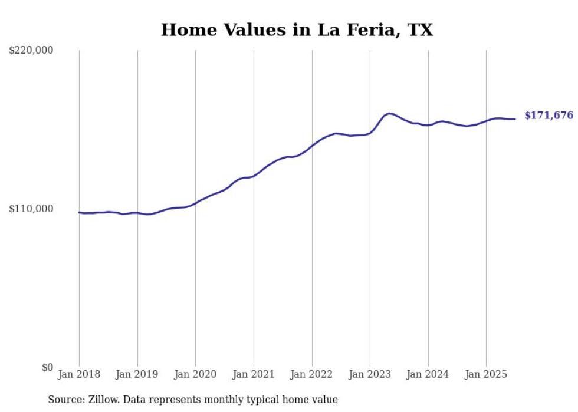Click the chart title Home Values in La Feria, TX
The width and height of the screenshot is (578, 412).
pos(297,29)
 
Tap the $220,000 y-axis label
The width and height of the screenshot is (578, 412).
pos(31,51)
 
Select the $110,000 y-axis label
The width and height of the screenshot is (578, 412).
pos(31,209)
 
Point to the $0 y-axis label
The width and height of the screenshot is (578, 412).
pos(47,367)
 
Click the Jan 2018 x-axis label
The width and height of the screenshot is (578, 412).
pos(79,374)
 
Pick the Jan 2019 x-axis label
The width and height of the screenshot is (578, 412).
pos(137,374)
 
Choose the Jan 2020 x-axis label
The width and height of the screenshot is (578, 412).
pos(196,374)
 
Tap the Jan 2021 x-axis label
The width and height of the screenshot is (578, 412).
pos(254,374)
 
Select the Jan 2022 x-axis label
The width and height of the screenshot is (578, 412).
pos(312,374)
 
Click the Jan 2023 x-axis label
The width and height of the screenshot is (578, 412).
pos(370,374)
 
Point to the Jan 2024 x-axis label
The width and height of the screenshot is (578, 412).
pos(428,374)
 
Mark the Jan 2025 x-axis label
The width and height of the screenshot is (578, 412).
pos(486,374)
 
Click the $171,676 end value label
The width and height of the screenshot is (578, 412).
pos(549,116)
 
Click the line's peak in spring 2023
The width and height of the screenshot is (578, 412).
pos(389,113)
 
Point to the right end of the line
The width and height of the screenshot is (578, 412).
pos(515,119)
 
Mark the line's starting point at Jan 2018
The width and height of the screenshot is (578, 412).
pos(80,212)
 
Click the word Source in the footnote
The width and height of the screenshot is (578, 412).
pos(64,400)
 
